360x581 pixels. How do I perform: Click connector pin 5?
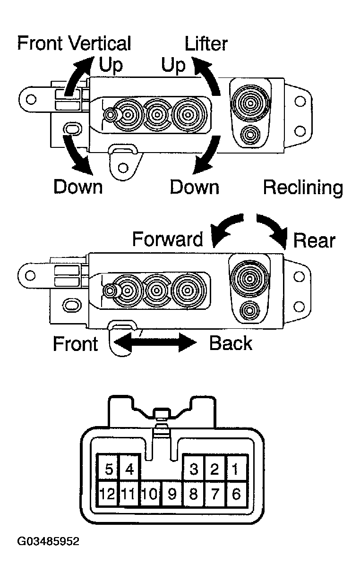tap(108, 469)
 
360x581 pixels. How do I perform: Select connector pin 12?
tap(108, 494)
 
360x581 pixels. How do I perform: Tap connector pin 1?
tap(236, 469)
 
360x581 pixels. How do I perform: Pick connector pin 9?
tap(172, 494)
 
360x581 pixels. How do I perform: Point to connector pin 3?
tap(193, 469)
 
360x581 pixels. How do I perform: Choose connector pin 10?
tap(150, 494)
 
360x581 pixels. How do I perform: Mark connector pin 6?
tap(236, 494)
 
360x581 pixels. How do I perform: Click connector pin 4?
tap(129, 469)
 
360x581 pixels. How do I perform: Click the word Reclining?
tap(303, 188)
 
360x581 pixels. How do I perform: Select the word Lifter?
tap(206, 44)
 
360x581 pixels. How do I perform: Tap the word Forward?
tap(167, 239)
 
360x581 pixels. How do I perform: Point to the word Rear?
tap(314, 241)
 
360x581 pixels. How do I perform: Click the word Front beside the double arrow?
tap(75, 343)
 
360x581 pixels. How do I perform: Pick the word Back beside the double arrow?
tap(231, 343)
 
